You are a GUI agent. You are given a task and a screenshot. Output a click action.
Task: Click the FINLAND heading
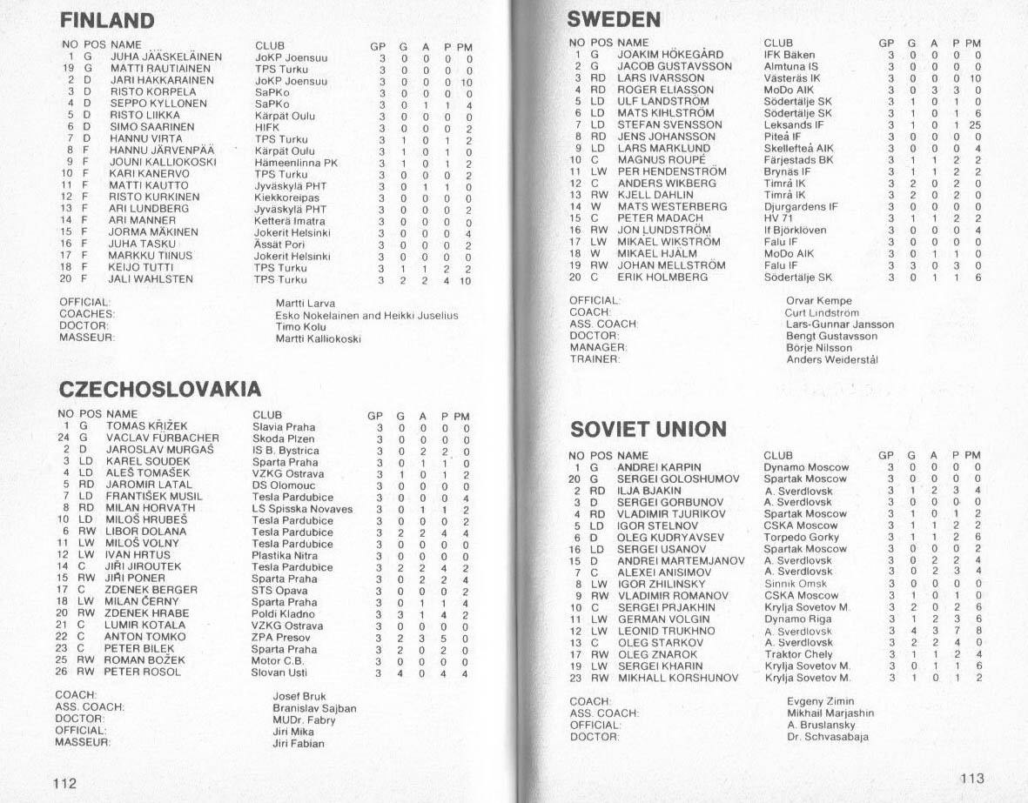coord(107,20)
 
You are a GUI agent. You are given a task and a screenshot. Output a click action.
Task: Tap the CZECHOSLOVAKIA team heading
coord(159,388)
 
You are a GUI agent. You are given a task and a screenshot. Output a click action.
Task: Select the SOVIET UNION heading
coord(648,429)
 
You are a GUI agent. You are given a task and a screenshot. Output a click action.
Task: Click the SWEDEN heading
coord(614,19)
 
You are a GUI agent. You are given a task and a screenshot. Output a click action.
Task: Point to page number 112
coord(65,783)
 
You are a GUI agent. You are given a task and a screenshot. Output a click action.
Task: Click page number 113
coord(971,779)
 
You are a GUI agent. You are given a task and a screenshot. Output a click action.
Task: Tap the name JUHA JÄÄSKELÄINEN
coord(165,57)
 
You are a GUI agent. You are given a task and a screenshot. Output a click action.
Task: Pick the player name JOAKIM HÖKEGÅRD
coord(669,54)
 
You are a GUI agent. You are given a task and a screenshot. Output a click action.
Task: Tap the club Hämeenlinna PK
coord(295,163)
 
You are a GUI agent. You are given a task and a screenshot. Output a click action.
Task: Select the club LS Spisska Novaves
coord(302,509)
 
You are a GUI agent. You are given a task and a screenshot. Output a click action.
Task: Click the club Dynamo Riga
coord(799,619)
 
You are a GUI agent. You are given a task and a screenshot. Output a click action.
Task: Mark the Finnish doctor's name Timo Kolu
coord(300,327)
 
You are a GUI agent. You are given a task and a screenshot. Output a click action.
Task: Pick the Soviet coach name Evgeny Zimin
coord(820,701)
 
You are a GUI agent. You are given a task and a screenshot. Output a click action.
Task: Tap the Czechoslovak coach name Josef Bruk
coord(298,696)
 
